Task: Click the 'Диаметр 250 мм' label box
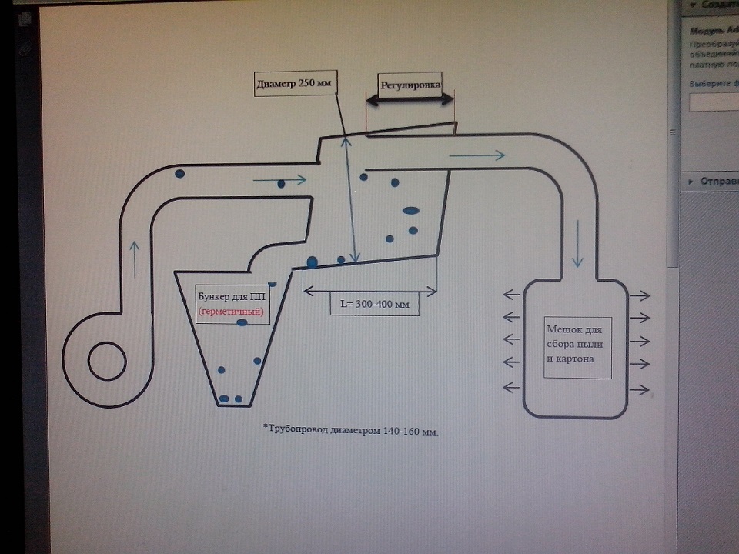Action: coord(296,84)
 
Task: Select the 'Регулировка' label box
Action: coord(408,84)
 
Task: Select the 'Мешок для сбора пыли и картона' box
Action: coord(577,346)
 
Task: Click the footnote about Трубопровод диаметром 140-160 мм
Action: coord(350,431)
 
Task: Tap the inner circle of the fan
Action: coord(107,361)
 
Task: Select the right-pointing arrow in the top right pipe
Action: coord(477,156)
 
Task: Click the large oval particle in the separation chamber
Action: coord(411,209)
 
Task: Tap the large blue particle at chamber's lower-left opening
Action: coord(312,262)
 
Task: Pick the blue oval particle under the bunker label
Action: coord(242,323)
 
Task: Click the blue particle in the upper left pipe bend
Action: coord(179,174)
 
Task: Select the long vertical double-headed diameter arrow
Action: coord(349,202)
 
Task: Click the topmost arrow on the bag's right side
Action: coord(640,295)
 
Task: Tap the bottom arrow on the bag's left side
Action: coord(513,386)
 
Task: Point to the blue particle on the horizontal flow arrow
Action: coord(281,183)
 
